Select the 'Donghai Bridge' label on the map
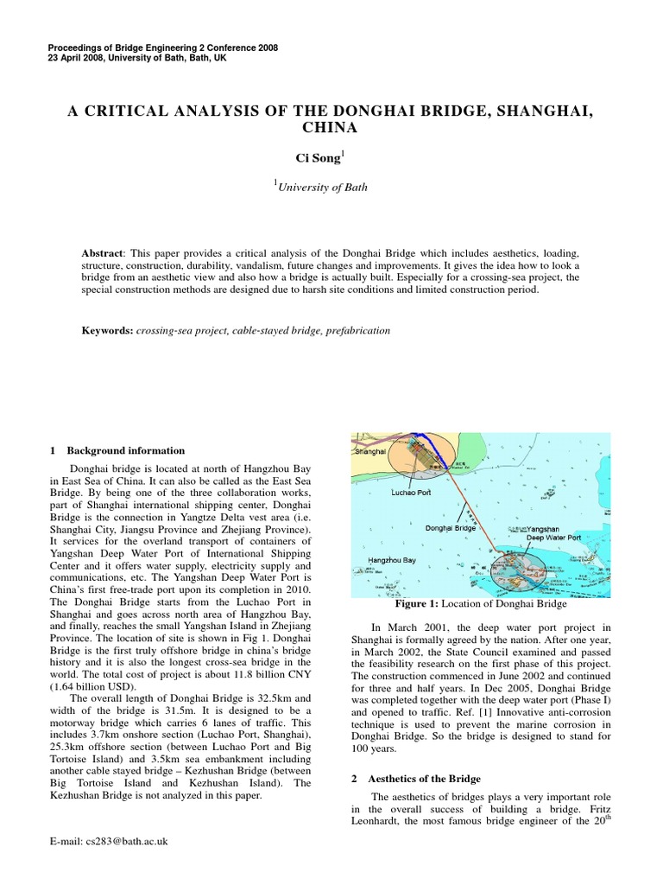coord(451,526)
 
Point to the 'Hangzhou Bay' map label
coord(393,560)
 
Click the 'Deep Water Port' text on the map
coord(553,537)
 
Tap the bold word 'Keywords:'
coord(107,330)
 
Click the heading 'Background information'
coord(125,450)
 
